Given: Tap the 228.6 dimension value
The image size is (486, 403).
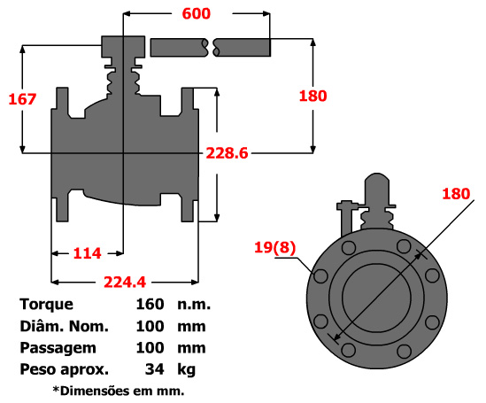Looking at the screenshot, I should tap(227, 153).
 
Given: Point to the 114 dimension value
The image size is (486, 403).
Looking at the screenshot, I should tap(87, 253).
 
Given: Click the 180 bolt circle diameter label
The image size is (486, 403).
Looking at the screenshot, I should tap(455, 194).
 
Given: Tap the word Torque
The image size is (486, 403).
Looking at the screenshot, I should tap(46, 304).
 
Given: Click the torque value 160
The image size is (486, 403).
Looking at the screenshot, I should tap(150, 304).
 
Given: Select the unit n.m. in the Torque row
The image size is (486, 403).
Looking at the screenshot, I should tap(193, 304).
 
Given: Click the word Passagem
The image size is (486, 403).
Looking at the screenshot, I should tap(58, 347).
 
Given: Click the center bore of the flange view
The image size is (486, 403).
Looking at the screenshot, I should tap(376, 295).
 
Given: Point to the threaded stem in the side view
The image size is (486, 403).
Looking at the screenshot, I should tap(122, 84).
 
